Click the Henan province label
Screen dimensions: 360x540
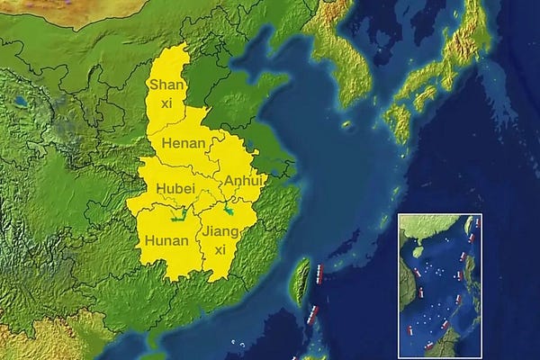(x=183, y=143)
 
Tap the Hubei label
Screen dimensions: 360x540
(x=175, y=188)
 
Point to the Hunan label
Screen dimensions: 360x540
(x=166, y=240)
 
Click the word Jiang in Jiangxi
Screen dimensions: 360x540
(x=221, y=231)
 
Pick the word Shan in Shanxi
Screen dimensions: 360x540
(x=166, y=85)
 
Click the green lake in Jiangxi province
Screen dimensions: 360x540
(x=229, y=211)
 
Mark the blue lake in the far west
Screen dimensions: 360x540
(x=20, y=102)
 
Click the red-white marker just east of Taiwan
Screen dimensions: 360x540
(x=319, y=272)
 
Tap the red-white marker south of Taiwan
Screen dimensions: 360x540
(x=311, y=314)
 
